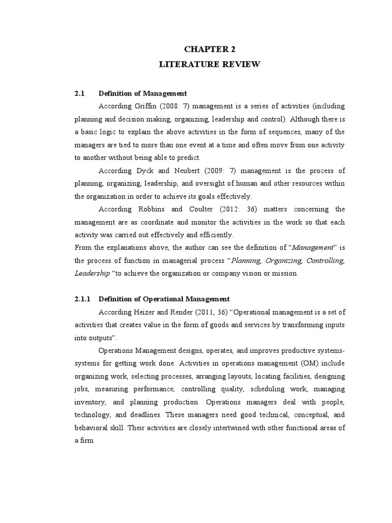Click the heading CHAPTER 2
210,49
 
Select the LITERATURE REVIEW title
210,64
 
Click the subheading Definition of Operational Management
164,299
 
